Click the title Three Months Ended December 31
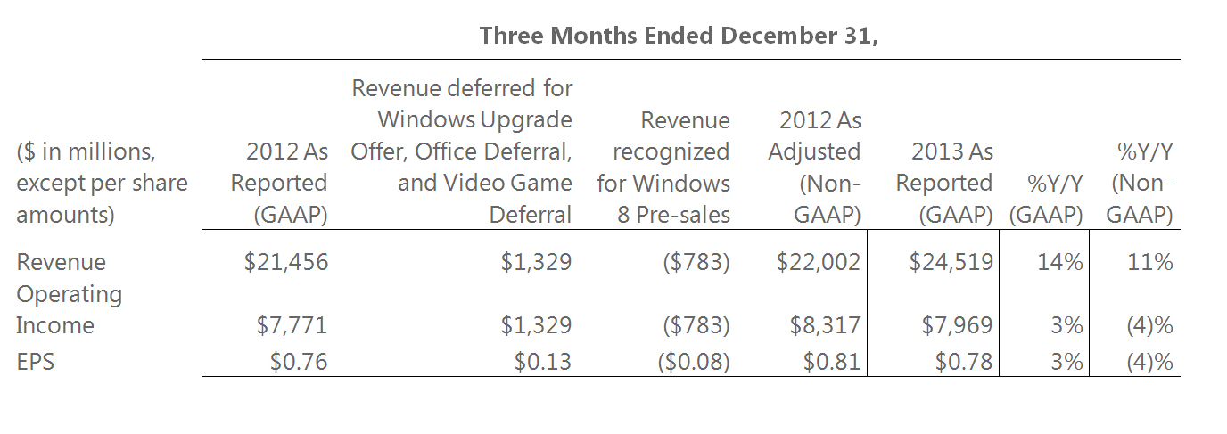click(x=679, y=36)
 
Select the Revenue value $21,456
click(x=285, y=262)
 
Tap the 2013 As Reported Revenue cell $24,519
click(x=951, y=262)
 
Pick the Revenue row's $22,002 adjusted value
click(x=818, y=262)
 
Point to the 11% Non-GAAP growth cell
click(x=1149, y=262)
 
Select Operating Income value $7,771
click(x=292, y=326)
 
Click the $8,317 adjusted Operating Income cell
click(x=825, y=326)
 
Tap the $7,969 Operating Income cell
click(x=957, y=326)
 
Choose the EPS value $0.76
click(x=298, y=362)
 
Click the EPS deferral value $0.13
click(x=542, y=362)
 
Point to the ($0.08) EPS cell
click(x=691, y=362)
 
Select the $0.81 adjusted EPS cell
click(x=831, y=362)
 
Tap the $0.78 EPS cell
click(x=963, y=362)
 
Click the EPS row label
click(x=36, y=362)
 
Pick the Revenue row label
click(x=61, y=262)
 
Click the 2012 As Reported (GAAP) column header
click(x=278, y=183)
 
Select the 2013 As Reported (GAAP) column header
click(x=944, y=183)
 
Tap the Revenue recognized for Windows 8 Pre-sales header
click(x=663, y=167)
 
